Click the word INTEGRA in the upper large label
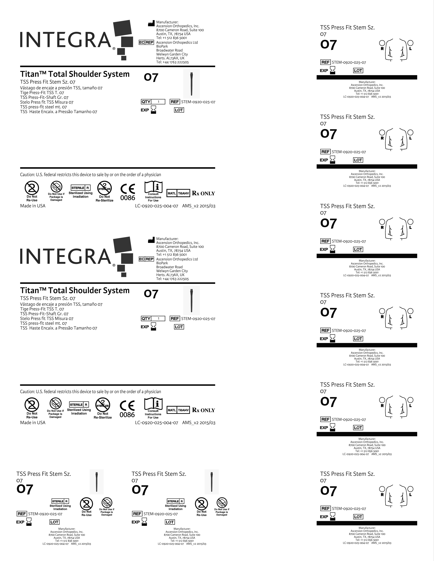click(x=66, y=40)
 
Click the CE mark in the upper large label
click(x=128, y=189)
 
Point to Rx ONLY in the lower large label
click(x=203, y=410)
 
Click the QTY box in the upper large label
click(x=153, y=102)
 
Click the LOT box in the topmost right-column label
click(x=358, y=71)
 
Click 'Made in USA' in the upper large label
click(x=33, y=206)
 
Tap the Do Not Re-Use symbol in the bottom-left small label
click(x=87, y=504)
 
